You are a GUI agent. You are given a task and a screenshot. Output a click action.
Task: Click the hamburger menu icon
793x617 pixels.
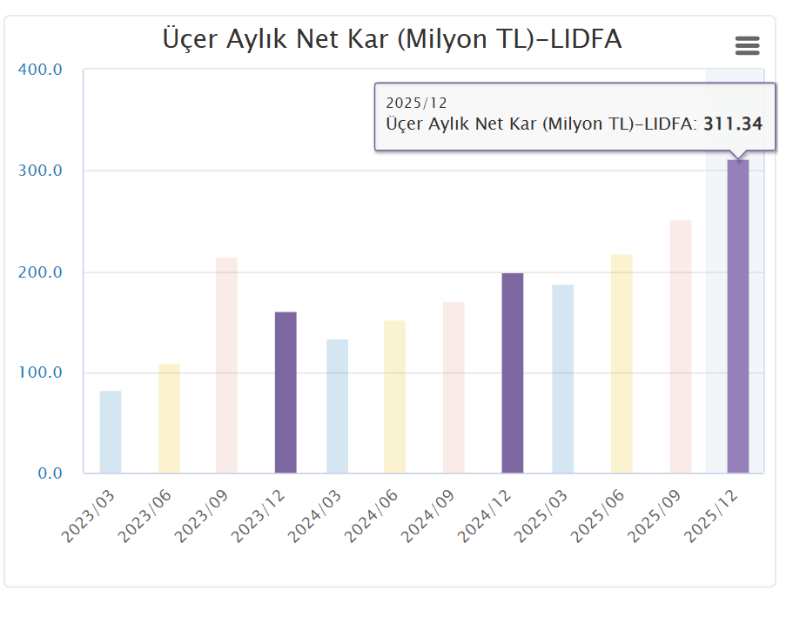pos(747,46)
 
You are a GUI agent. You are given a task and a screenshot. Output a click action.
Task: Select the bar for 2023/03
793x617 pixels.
pos(111,432)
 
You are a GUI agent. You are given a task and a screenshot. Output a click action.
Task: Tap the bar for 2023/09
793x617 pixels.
pos(226,366)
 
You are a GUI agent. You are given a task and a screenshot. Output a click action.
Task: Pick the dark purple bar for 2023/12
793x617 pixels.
pos(286,392)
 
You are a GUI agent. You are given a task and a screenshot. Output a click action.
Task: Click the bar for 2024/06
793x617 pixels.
pos(394,397)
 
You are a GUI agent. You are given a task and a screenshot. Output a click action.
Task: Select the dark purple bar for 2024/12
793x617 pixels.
pos(513,373)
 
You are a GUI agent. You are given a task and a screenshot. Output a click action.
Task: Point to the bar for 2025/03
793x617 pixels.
pos(563,379)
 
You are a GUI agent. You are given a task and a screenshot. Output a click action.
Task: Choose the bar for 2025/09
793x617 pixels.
pos(680,346)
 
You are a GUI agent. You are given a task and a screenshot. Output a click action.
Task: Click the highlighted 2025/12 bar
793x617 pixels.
pos(738,317)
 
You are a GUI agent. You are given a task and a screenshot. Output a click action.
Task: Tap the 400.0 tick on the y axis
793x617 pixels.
pos(41,70)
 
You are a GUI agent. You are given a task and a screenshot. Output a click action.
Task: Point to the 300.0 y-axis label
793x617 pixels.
pos(41,171)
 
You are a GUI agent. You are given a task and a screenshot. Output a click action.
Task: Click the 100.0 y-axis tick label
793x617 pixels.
pos(41,373)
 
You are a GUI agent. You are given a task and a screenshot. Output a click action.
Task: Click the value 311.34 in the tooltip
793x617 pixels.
pos(733,124)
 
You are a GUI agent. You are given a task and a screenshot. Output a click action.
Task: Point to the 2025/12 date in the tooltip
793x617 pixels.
pos(416,104)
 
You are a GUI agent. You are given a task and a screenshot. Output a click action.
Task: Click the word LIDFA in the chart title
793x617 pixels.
pos(588,39)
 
